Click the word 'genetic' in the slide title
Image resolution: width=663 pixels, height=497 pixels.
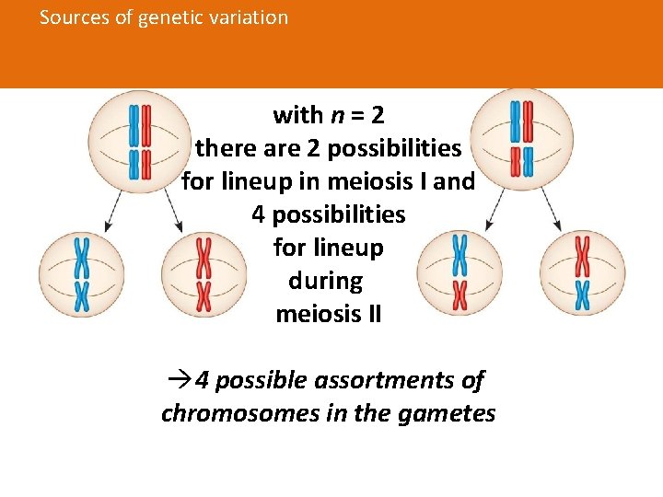[x=170, y=17]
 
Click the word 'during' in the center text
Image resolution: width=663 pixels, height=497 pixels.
[x=326, y=281]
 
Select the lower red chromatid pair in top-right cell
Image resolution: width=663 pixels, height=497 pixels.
[x=522, y=160]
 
